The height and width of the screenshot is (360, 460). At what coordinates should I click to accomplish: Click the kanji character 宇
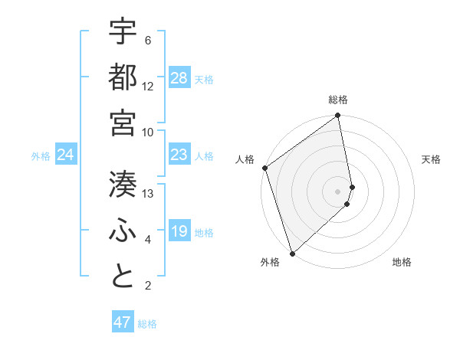pos(123,32)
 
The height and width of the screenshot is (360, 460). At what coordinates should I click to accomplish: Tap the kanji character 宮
pos(123,122)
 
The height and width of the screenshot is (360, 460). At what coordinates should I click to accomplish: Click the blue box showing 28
pos(179,78)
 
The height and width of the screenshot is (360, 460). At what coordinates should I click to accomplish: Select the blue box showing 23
pos(179,155)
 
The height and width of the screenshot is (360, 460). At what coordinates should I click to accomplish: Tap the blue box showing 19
pos(179,232)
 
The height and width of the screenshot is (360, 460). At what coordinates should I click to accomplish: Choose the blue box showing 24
pos(66,155)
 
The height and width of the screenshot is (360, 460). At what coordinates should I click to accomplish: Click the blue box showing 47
pos(123,322)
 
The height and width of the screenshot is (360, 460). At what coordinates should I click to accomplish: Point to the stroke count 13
pos(149,193)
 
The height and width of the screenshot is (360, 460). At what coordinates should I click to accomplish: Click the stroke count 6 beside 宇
pos(148,40)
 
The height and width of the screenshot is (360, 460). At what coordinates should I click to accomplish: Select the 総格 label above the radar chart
pos(338,100)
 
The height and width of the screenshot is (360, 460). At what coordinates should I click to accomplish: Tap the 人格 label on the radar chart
pos(245,159)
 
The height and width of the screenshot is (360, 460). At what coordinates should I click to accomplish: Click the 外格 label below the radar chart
pos(270,263)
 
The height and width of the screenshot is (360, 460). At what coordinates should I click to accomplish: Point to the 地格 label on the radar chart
pos(402,263)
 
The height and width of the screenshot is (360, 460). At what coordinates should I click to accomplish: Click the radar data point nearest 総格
pos(338,116)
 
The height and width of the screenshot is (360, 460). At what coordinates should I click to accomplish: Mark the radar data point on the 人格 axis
pos(264,168)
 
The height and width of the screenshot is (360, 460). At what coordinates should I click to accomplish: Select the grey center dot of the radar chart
pos(337,191)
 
